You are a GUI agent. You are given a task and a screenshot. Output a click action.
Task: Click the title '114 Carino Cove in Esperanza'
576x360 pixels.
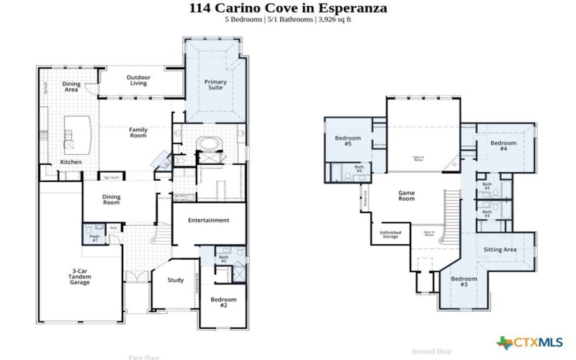tap(288, 8)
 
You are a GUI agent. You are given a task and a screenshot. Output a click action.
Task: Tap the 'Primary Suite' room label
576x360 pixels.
tap(215, 86)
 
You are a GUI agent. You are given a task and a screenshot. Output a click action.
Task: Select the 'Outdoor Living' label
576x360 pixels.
tap(138, 80)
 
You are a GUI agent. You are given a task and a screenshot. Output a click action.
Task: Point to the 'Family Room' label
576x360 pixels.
tap(138, 132)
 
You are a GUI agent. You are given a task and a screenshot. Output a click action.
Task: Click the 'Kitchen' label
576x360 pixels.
tap(71, 162)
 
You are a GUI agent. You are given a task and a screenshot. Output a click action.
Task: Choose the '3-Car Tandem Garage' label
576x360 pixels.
tap(80, 277)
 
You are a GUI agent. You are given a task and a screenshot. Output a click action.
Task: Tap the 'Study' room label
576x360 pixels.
tap(176, 280)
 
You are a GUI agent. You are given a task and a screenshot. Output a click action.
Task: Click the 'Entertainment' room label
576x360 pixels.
tap(209, 220)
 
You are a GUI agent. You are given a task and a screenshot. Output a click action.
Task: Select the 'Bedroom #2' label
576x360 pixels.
tap(224, 302)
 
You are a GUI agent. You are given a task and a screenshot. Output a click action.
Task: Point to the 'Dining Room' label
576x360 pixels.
tap(112, 199)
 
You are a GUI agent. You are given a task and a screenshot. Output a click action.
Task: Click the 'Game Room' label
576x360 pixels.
tap(408, 195)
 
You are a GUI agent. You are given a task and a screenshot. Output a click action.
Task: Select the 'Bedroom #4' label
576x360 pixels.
tap(504, 146)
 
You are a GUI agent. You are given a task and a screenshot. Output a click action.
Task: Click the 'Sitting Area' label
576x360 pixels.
tap(500, 249)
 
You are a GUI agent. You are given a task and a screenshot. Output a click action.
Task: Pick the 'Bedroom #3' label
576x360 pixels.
tap(464, 282)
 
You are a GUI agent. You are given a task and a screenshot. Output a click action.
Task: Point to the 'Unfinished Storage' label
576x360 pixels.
tap(390, 234)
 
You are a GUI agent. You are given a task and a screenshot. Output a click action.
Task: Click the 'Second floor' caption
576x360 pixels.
tap(432, 351)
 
